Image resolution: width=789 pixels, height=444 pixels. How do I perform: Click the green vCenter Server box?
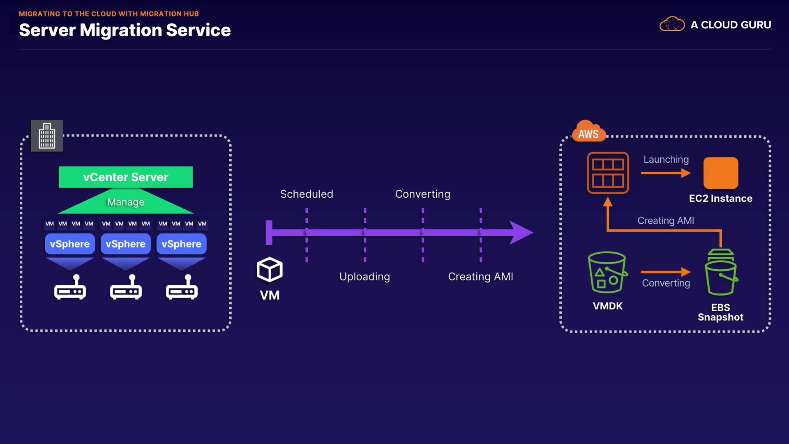[x=125, y=177]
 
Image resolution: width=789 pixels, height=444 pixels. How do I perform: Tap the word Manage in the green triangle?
[x=126, y=202]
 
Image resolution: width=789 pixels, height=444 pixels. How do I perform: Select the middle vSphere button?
[x=125, y=244]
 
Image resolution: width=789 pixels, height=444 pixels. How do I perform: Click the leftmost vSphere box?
[x=69, y=244]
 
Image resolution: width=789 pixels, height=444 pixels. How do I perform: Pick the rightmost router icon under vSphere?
[x=182, y=287]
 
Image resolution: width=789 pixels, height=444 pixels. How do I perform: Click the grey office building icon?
[x=47, y=136]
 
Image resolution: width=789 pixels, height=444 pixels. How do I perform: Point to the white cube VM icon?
[x=270, y=270]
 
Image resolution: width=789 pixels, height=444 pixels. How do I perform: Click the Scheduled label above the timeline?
[x=307, y=194]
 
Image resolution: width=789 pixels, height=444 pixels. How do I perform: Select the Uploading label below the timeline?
[x=365, y=277]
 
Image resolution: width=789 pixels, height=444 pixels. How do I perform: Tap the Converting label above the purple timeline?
[x=422, y=194]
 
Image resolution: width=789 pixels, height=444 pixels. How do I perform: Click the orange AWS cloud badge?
[x=588, y=132]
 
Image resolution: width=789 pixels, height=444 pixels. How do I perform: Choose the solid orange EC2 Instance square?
[x=720, y=173]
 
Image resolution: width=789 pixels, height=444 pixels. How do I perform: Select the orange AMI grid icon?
[x=608, y=173]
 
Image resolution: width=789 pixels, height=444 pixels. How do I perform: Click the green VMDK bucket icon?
[x=607, y=272]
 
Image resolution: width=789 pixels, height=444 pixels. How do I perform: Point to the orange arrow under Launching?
[x=666, y=173]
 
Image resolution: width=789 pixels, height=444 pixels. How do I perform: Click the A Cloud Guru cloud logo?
[x=672, y=25]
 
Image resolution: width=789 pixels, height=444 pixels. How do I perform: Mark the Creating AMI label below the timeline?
[x=480, y=277]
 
